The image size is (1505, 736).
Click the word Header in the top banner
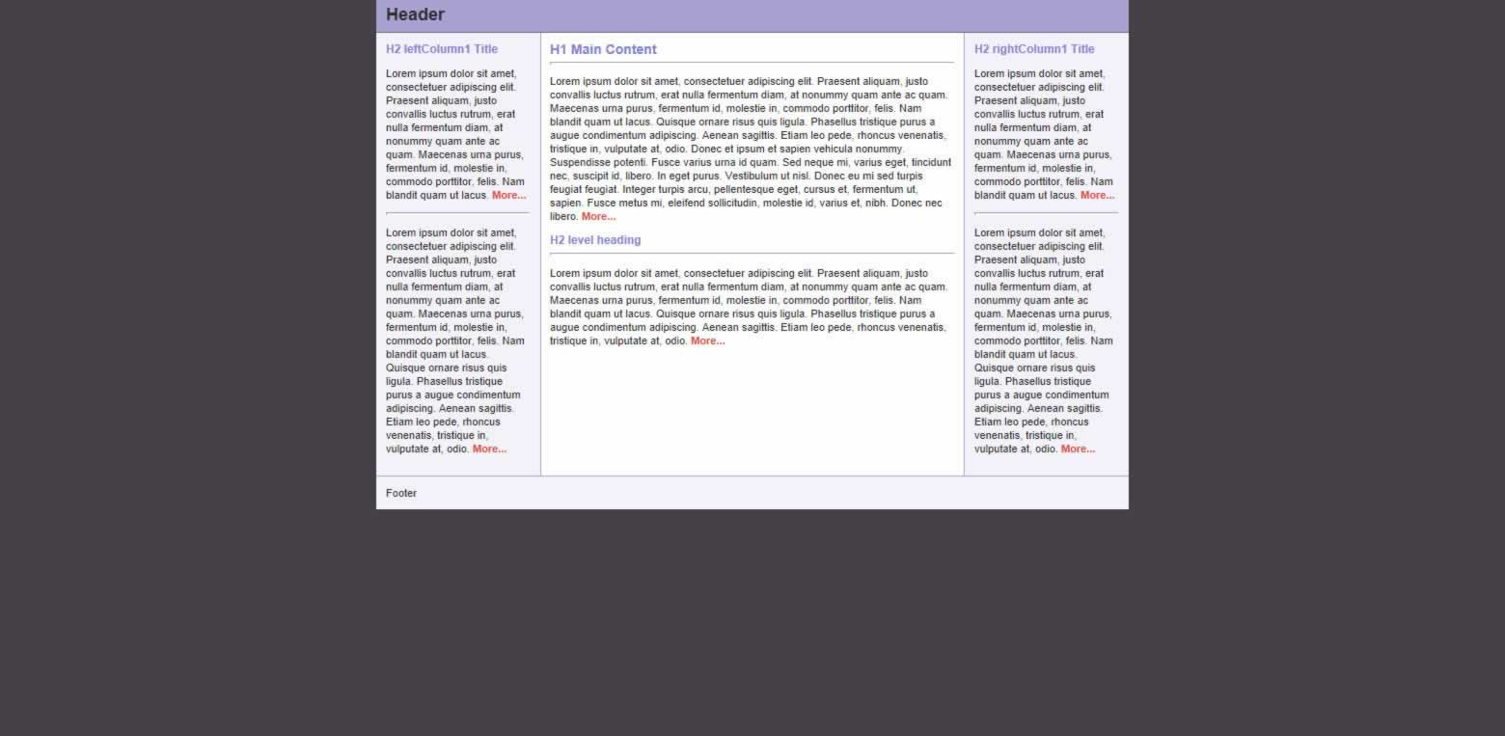pos(415,14)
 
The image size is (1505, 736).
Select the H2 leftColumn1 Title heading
pos(442,49)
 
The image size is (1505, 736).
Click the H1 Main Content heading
pos(603,49)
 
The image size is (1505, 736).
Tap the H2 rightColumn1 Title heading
pos(1034,49)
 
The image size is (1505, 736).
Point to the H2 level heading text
pos(595,240)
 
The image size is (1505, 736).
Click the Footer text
pos(401,493)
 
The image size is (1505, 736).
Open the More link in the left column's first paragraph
pos(508,196)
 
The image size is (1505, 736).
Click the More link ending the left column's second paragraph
pos(489,450)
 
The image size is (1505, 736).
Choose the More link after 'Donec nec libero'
pos(598,217)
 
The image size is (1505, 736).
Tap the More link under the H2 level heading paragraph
pos(707,341)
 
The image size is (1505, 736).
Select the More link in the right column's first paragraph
pos(1097,196)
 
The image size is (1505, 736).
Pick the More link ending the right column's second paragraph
pos(1078,450)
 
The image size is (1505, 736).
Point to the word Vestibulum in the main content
pos(763,177)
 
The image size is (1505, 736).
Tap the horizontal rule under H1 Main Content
pos(752,63)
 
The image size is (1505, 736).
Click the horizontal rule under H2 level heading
pos(752,254)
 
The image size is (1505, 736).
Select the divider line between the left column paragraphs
pos(457,213)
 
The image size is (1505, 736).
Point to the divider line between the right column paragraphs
pos(1046,213)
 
